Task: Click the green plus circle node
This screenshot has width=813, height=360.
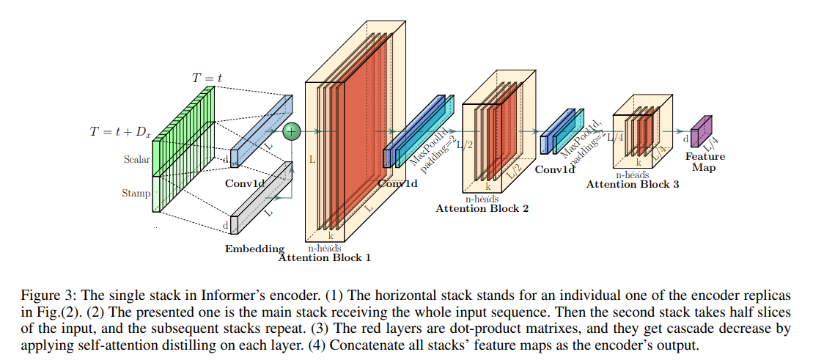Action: click(292, 131)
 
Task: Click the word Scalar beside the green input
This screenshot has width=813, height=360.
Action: click(136, 158)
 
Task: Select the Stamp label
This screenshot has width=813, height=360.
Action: click(136, 194)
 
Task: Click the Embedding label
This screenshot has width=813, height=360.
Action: click(254, 249)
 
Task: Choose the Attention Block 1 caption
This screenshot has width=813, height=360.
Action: click(325, 257)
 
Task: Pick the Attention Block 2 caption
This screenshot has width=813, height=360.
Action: click(482, 208)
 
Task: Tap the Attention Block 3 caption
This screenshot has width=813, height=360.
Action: click(633, 184)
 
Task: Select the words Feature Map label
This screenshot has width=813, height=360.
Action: click(705, 162)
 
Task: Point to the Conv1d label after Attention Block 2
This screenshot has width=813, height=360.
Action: click(554, 169)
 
